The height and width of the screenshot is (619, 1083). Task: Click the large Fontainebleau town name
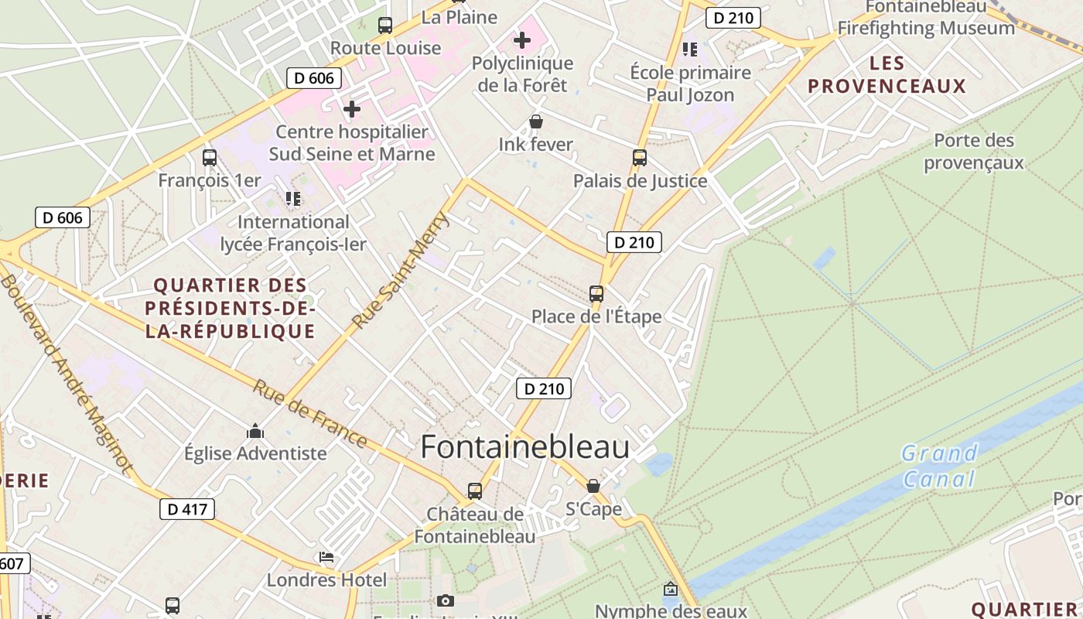coord(524,448)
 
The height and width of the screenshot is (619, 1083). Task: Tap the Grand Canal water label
coord(939,466)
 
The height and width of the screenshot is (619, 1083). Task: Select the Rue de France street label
coord(309,413)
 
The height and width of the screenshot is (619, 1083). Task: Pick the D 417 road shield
coord(186,509)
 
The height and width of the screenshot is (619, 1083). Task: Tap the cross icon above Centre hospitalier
coord(352,109)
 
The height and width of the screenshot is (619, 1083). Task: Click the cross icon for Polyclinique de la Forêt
coord(522,39)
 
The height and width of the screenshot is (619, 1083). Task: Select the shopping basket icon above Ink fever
coord(535,121)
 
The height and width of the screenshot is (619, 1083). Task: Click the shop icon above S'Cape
coord(593,486)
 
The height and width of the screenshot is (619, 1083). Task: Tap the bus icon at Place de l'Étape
coord(596,294)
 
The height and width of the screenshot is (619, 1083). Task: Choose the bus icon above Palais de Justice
coord(640,158)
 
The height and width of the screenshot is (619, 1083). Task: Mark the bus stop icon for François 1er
coord(210,158)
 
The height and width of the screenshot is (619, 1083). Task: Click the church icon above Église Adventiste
coord(255,431)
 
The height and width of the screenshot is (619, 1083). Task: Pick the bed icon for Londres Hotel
coord(326,557)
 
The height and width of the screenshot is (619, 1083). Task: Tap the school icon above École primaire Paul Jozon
coord(690,50)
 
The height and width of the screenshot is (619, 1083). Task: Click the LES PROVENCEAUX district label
coord(887,74)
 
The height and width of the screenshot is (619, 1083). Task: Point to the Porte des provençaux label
coord(973,152)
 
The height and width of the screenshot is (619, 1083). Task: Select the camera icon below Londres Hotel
coord(445,600)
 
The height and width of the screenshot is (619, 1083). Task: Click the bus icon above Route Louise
coord(385,25)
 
